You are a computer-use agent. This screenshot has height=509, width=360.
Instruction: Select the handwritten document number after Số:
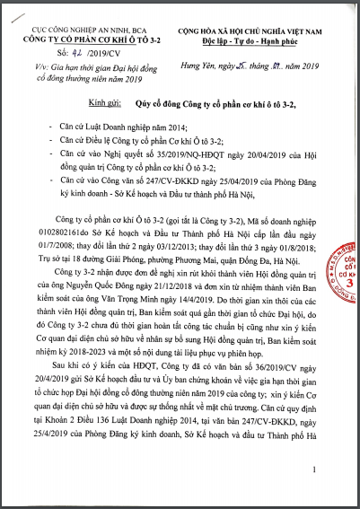point(62,52)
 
